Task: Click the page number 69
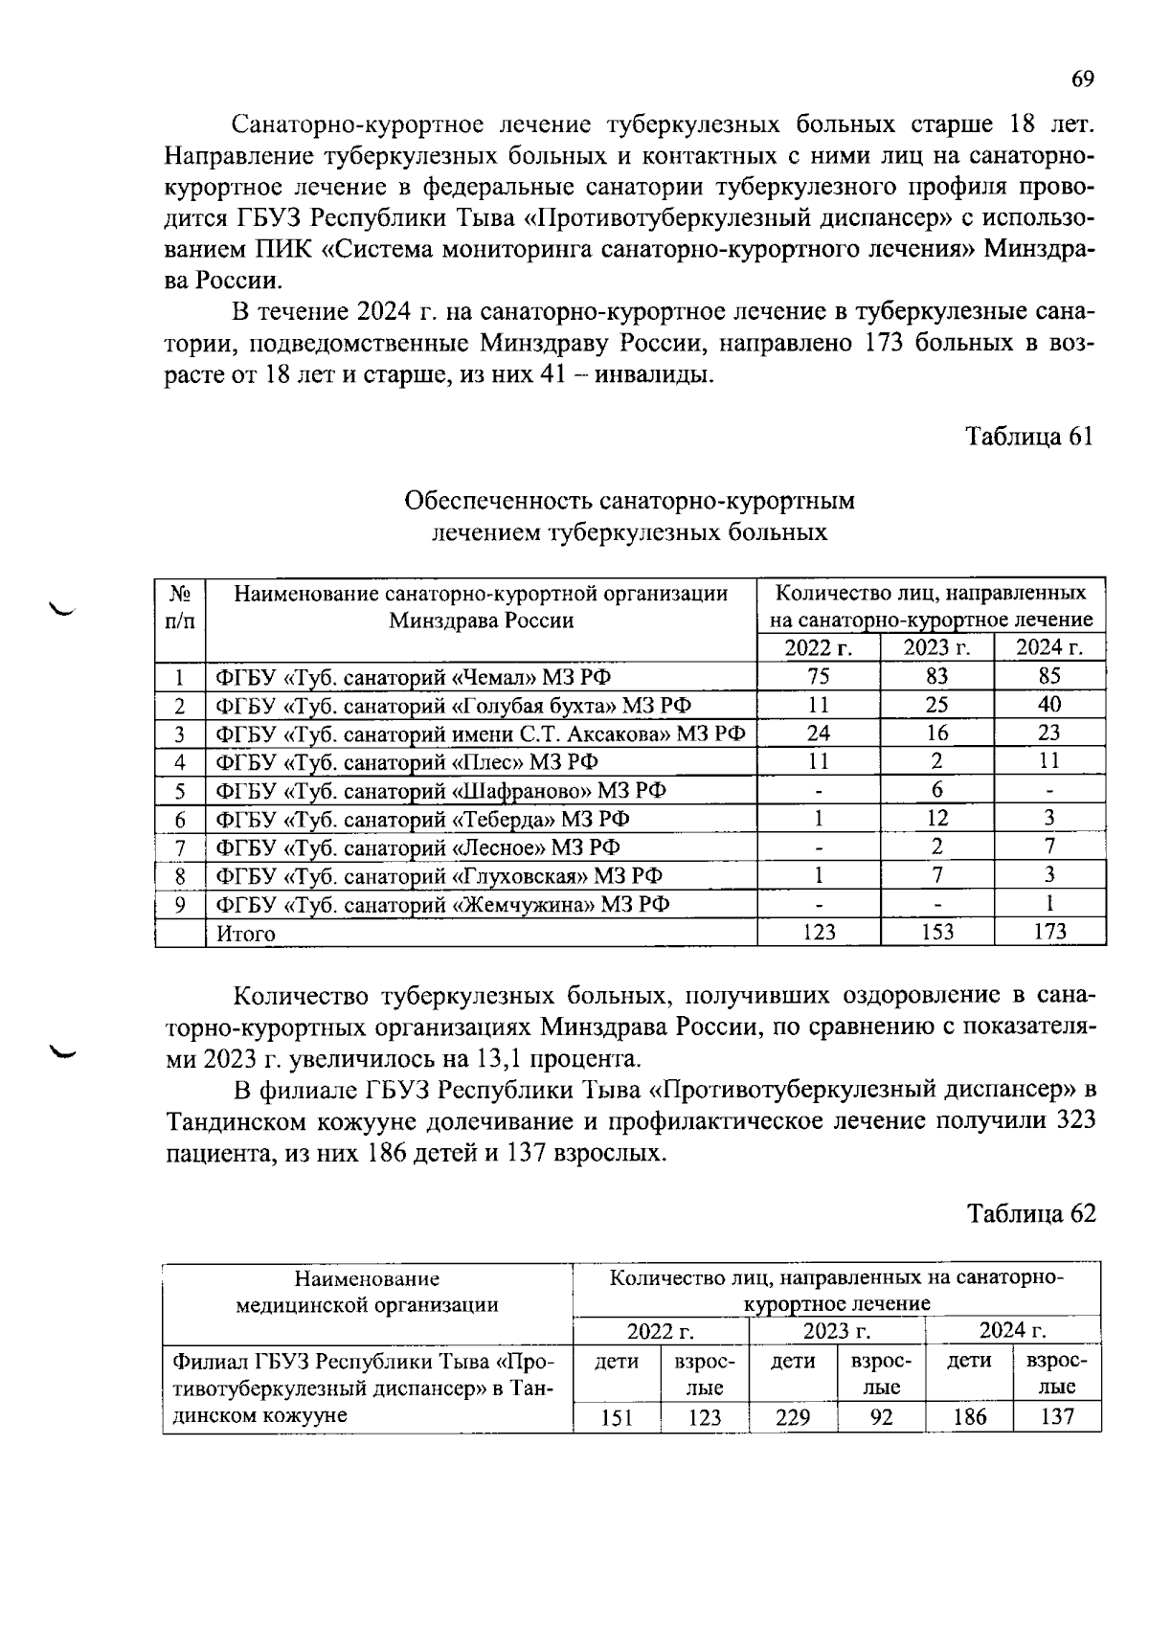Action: [x=1082, y=79]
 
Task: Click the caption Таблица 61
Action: [x=1028, y=437]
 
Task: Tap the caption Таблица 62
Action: [x=1030, y=1214]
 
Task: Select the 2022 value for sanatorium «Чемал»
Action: [x=818, y=676]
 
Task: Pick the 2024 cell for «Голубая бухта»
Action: [x=1049, y=705]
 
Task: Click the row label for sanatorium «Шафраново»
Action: [x=440, y=791]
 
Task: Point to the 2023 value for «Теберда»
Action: [x=936, y=818]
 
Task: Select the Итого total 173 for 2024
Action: [x=1049, y=932]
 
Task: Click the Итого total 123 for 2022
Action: [x=818, y=932]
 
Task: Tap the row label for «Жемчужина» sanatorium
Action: [x=442, y=905]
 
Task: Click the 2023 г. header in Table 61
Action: [x=936, y=648]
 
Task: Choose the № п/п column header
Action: [x=179, y=607]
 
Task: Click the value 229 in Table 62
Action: [x=792, y=1417]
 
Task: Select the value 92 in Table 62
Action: [x=881, y=1417]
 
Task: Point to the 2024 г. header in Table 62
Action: [x=1012, y=1331]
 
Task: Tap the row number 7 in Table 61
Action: [x=179, y=847]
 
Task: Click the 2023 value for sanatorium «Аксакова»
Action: [x=936, y=734]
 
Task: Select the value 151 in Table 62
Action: [x=617, y=1417]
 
